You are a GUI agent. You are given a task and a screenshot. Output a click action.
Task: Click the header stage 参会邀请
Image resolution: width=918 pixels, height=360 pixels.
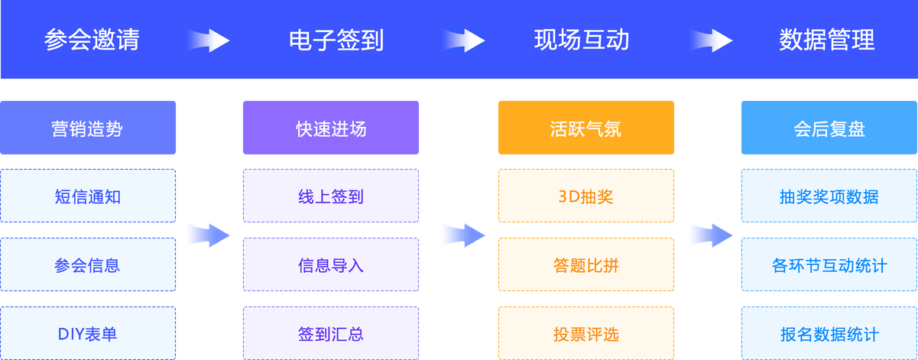(92, 40)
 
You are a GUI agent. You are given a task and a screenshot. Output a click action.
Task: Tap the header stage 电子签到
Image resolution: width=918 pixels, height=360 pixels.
(336, 40)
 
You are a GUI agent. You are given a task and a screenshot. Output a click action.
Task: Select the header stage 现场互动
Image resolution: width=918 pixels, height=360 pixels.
(581, 40)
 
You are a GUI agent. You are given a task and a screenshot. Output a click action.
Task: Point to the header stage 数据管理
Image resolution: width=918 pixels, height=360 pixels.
(827, 40)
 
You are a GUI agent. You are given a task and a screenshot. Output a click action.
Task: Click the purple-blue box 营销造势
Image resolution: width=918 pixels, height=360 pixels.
(88, 128)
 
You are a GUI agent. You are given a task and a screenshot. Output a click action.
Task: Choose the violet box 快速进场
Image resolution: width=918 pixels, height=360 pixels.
(331, 128)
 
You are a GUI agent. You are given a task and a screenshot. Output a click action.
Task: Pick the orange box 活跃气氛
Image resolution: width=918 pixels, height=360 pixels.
(586, 128)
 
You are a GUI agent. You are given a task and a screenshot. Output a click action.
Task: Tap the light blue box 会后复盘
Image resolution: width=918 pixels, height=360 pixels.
(829, 128)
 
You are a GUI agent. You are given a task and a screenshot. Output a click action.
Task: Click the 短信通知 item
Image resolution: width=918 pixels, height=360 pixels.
(88, 196)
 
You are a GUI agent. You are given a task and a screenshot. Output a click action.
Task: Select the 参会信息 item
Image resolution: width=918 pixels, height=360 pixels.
(88, 265)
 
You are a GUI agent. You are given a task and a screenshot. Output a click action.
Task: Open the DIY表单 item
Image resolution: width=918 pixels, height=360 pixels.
(88, 334)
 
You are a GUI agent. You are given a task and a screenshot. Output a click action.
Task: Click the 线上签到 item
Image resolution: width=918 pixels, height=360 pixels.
(331, 196)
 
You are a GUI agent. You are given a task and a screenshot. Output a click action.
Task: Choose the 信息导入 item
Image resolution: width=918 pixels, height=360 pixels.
(331, 265)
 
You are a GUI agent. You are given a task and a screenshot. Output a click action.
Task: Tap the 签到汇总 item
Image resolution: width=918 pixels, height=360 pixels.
(331, 334)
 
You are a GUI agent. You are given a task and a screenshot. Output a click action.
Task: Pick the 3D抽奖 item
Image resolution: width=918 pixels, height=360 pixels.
(586, 196)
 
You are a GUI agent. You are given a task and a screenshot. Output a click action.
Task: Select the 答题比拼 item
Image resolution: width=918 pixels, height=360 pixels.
(586, 265)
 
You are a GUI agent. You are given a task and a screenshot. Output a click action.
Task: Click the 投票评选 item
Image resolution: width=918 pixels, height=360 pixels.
(586, 334)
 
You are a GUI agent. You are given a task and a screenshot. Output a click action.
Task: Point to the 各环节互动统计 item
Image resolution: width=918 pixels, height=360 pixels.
(829, 265)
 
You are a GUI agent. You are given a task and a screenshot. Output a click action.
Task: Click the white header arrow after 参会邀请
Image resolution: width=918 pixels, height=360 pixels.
(208, 40)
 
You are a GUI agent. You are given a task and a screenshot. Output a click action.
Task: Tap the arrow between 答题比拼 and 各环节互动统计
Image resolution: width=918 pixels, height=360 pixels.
(709, 235)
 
